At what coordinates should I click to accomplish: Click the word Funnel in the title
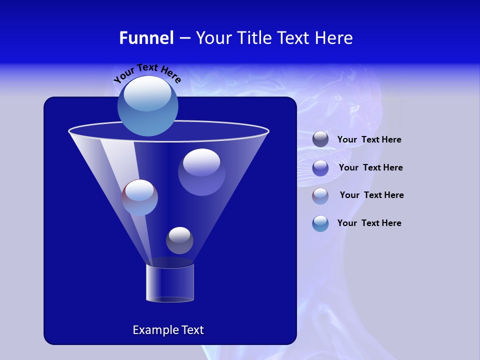click(x=146, y=38)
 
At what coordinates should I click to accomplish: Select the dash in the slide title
click(x=184, y=38)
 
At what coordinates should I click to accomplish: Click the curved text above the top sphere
click(x=147, y=72)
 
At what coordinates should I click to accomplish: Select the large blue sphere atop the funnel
click(x=148, y=105)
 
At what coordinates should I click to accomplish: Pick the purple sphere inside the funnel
click(x=201, y=171)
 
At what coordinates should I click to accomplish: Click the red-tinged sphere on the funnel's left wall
click(x=139, y=197)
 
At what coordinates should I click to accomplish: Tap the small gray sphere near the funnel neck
click(x=179, y=240)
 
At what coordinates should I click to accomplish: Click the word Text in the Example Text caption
click(x=192, y=330)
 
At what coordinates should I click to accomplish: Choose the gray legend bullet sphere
click(x=320, y=139)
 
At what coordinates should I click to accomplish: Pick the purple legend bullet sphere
click(x=320, y=167)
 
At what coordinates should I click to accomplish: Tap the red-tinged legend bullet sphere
click(x=320, y=195)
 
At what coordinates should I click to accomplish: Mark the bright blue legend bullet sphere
click(x=320, y=223)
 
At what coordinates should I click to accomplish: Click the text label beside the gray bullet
click(x=369, y=140)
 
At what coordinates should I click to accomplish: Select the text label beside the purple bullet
click(x=370, y=167)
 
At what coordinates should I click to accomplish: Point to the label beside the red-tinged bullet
click(x=371, y=195)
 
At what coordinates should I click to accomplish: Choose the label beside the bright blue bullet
click(x=369, y=223)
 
